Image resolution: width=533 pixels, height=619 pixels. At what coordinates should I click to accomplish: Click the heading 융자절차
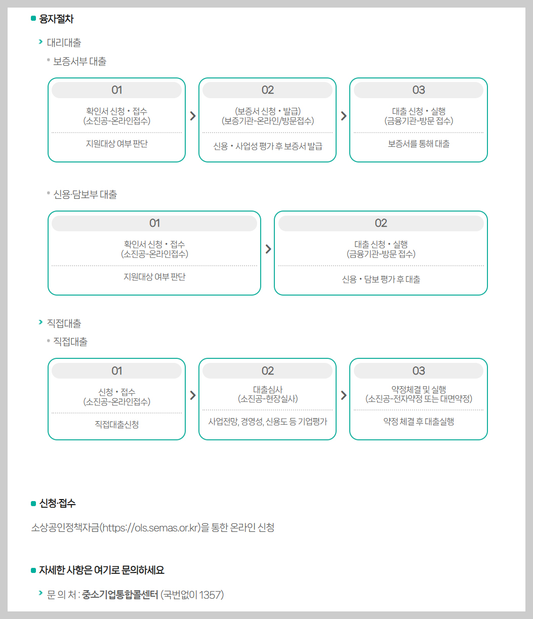[56, 19]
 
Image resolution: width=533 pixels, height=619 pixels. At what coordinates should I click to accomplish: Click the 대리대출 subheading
[64, 43]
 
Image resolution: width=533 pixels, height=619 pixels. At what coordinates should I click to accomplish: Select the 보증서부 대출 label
[80, 61]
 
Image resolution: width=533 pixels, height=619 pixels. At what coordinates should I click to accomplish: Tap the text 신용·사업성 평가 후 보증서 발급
[268, 146]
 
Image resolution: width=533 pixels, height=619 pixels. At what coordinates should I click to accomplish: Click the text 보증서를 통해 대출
[419, 144]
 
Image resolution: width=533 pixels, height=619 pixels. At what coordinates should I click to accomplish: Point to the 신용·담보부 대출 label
[85, 194]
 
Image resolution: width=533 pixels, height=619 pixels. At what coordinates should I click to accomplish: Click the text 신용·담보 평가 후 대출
[381, 279]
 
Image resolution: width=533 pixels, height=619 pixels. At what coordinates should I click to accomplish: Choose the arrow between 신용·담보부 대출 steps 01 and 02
[268, 249]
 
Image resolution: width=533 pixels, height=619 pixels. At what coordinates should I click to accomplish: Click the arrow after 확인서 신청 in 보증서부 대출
[192, 116]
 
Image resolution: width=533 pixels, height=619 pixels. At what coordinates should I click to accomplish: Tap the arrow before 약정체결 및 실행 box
[344, 395]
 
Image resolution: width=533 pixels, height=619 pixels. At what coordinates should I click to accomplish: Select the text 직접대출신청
[117, 424]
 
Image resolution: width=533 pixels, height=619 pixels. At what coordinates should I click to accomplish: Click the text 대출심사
[268, 389]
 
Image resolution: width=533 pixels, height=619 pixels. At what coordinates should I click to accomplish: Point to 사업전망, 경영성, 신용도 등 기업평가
[268, 421]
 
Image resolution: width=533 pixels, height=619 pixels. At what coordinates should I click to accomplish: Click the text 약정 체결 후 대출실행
[419, 421]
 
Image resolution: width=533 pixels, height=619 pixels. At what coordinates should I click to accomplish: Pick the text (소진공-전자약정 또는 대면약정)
[419, 399]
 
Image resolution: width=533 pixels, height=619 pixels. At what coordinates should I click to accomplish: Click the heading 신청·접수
[57, 503]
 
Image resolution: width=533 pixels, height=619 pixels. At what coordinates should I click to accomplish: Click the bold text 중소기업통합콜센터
[120, 594]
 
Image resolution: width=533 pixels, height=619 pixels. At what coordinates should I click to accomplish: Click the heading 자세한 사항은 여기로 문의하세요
[101, 570]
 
